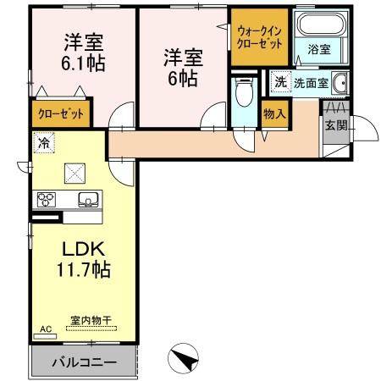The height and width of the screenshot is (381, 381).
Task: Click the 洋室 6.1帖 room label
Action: pos(82,52)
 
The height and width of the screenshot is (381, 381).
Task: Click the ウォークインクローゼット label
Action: pos(260,36)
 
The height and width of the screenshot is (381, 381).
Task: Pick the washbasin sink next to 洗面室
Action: pos(340,84)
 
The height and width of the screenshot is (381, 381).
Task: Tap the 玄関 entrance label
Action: pos(334,126)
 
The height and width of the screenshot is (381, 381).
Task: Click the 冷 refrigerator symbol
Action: pos(41,144)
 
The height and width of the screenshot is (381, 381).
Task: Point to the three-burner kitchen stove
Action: pos(45,201)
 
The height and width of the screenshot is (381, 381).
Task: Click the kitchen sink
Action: pos(87,201)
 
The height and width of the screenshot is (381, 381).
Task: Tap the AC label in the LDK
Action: pos(44,329)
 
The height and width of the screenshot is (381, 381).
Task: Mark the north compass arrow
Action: pos(185,358)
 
